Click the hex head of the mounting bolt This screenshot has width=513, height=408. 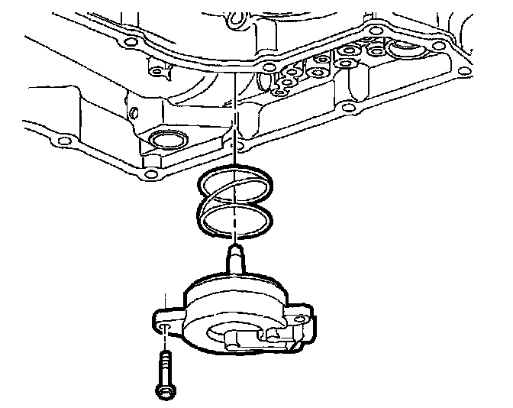(164, 390)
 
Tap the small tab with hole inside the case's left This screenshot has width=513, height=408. (156, 70)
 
